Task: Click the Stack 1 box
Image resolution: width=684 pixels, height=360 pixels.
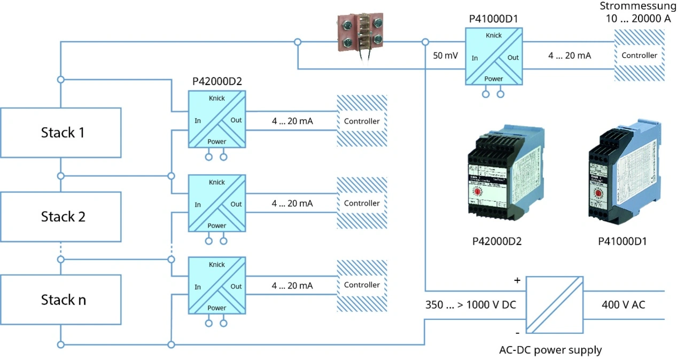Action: tap(61, 133)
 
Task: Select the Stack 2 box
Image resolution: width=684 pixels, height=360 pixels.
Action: tap(61, 217)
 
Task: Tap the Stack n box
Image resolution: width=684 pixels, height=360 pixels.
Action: tap(61, 300)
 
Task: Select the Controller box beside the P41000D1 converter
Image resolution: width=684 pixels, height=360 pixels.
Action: tap(639, 56)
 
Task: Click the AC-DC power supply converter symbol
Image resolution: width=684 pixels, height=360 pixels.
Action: tap(555, 305)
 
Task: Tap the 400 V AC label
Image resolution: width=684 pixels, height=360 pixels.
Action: tap(623, 305)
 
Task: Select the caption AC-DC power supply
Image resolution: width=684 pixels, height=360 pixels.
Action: tap(550, 350)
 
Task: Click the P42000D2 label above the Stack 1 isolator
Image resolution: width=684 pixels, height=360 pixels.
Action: tap(217, 82)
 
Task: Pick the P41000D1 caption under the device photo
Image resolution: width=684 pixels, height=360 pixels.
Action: tap(622, 241)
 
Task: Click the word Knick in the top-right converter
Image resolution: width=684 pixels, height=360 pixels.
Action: tap(493, 36)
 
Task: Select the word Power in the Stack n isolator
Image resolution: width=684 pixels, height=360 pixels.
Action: tap(217, 308)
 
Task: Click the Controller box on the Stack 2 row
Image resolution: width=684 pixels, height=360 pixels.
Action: tap(362, 204)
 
